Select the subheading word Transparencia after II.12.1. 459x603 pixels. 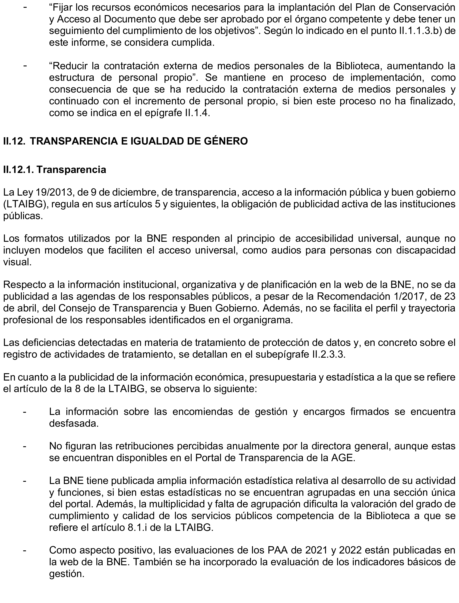tap(71, 170)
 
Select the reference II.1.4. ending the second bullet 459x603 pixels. tap(196, 113)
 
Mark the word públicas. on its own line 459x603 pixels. tap(23, 216)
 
